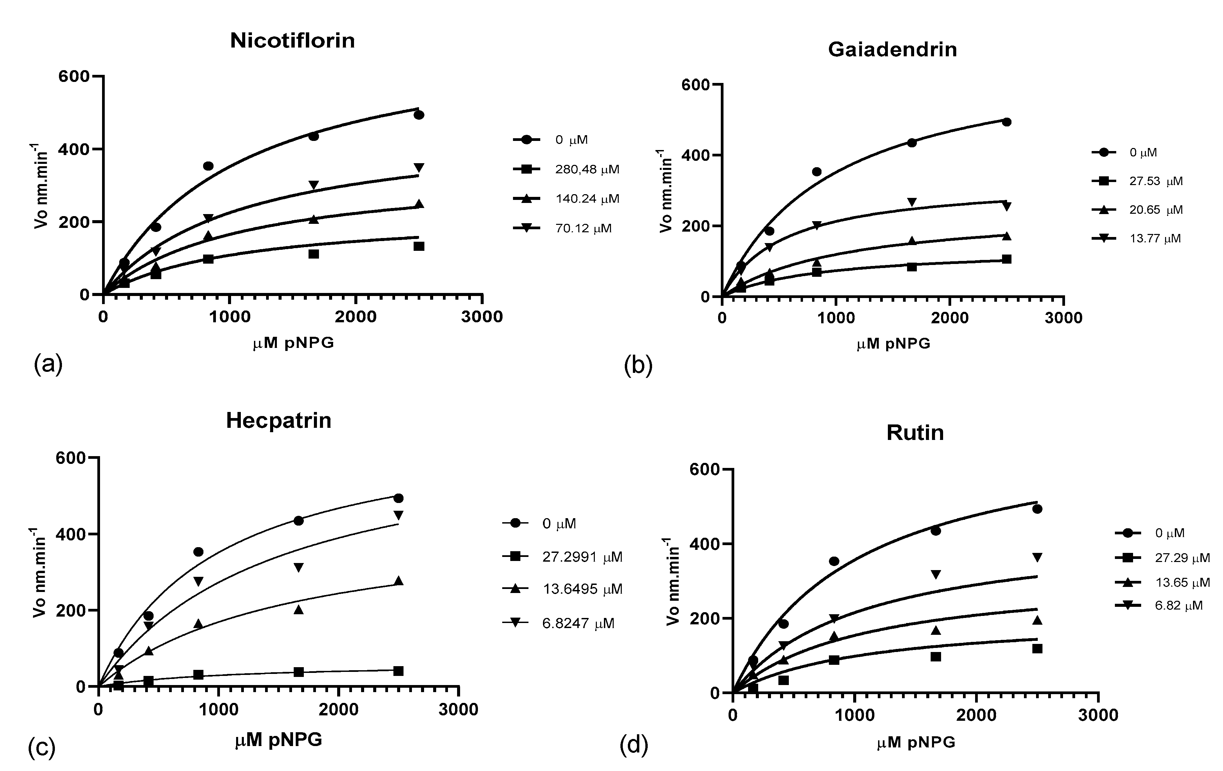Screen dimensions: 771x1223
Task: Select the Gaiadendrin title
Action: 892,49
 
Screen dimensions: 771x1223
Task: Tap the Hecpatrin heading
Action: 278,421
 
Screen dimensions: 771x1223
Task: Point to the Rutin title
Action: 915,433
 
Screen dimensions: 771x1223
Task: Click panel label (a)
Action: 48,364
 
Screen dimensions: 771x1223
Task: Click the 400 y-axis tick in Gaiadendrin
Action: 696,155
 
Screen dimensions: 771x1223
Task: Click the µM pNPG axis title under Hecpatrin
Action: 278,740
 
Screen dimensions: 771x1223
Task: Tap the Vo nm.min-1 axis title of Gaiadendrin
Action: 666,190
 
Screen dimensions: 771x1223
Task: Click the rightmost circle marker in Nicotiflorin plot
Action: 419,115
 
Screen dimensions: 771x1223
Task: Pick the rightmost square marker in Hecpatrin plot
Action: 399,671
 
